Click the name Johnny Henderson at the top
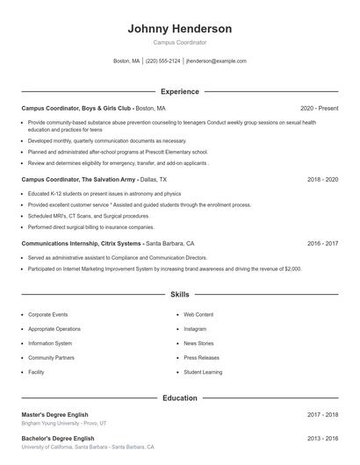tap(179, 28)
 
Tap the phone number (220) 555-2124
tap(163, 61)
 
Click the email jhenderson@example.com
tap(216, 61)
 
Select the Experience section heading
tap(179, 91)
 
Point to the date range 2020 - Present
tap(319, 108)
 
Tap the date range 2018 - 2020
tap(322, 179)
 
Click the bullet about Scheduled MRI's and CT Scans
tap(89, 216)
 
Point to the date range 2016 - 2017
tap(322, 243)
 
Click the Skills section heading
tap(179, 295)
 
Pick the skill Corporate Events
tap(47, 314)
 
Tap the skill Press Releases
tap(201, 358)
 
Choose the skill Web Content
tap(198, 314)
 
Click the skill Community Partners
tap(51, 358)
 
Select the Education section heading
tap(179, 397)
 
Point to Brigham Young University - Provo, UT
tap(64, 423)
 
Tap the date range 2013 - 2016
tap(322, 438)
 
